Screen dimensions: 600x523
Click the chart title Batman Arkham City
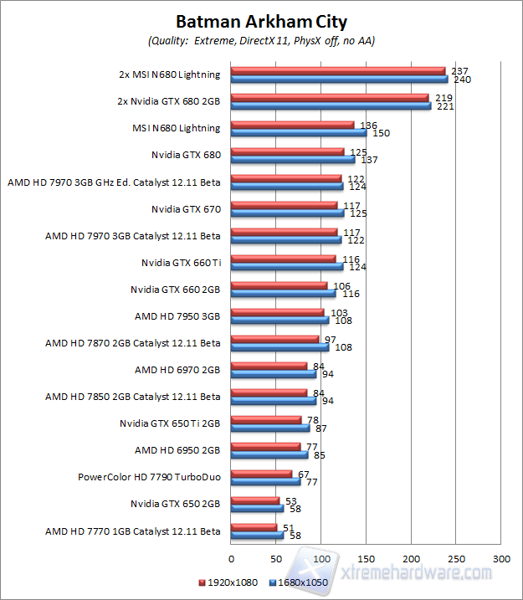pyautogui.click(x=261, y=22)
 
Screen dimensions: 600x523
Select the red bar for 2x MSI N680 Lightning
pyautogui.click(x=338, y=70)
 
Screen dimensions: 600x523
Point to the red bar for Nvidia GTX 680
pyautogui.click(x=287, y=151)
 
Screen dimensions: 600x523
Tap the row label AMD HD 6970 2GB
pyautogui.click(x=177, y=370)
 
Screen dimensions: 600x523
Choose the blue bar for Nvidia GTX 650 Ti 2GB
pyautogui.click(x=269, y=428)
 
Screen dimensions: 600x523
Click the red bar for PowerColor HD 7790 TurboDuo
pyautogui.click(x=260, y=473)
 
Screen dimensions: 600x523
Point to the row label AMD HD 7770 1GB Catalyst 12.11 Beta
pyautogui.click(x=133, y=531)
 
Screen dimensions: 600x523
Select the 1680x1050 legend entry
pyautogui.click(x=299, y=582)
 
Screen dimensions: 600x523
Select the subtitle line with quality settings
pyautogui.click(x=261, y=40)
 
